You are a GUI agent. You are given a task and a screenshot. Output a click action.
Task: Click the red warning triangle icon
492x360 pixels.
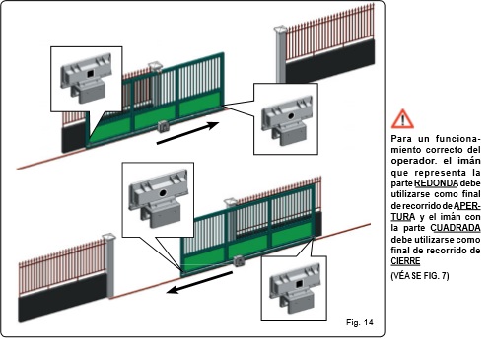[402, 119]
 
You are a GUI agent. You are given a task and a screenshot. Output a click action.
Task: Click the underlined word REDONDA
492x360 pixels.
[436, 183]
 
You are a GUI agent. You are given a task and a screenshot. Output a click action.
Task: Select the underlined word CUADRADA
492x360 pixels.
[456, 228]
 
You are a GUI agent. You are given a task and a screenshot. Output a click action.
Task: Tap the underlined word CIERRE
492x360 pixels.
[405, 261]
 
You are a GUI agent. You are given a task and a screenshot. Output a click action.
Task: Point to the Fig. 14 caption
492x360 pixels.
[360, 322]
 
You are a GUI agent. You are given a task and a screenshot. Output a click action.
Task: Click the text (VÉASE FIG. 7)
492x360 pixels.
[420, 275]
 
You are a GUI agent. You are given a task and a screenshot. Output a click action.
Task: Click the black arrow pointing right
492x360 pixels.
[188, 133]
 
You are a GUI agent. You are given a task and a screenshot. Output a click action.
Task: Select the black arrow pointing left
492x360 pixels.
[199, 282]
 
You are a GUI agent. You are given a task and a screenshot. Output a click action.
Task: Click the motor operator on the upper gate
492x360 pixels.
[164, 126]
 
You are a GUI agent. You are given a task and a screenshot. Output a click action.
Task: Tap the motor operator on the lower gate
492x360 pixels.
[239, 261]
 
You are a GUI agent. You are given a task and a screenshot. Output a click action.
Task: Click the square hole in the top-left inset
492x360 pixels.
[90, 74]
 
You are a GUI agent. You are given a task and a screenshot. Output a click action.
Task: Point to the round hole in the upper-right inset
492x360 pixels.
[291, 116]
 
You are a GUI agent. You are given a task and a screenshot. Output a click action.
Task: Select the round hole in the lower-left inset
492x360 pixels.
[163, 193]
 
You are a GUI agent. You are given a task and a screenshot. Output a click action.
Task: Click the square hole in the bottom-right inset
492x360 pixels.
[300, 284]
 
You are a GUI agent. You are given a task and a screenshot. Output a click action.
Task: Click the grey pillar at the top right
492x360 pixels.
[280, 54]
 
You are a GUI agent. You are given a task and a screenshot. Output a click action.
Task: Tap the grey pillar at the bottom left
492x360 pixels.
[108, 265]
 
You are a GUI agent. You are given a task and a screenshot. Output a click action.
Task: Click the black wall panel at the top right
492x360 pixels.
[330, 61]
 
